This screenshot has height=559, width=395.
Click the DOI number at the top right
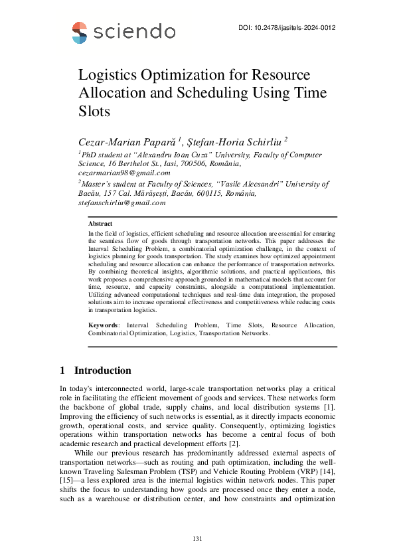(285, 28)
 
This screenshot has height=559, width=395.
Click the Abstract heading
(100, 224)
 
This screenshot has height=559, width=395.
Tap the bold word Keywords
(104, 325)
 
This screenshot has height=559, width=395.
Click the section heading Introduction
(102, 370)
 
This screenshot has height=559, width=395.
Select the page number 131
(197, 538)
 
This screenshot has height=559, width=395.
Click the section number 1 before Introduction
(62, 370)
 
